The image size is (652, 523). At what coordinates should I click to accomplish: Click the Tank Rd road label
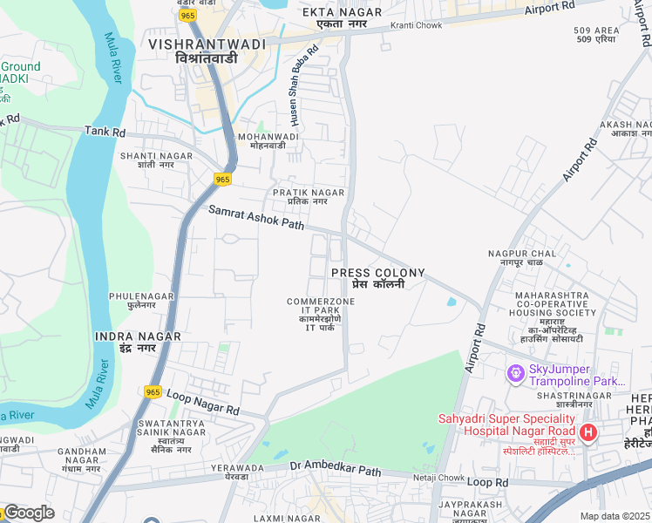point(105,132)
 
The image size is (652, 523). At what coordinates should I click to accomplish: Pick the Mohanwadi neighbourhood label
point(268,141)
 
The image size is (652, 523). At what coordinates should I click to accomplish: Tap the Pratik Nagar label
point(308,197)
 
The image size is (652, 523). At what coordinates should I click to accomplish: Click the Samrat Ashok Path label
point(255,218)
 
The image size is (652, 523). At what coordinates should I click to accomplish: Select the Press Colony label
point(377,278)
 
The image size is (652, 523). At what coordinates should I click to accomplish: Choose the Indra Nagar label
point(138,341)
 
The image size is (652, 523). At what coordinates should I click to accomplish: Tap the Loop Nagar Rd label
point(202,403)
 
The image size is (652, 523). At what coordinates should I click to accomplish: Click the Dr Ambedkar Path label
point(336,469)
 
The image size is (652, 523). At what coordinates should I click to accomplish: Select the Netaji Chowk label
point(438,478)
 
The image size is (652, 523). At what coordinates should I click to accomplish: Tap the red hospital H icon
point(588,431)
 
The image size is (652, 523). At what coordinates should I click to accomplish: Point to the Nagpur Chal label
point(521,258)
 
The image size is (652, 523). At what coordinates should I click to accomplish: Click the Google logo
point(28,513)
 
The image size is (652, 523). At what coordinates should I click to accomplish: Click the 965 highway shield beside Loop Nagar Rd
point(153,393)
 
